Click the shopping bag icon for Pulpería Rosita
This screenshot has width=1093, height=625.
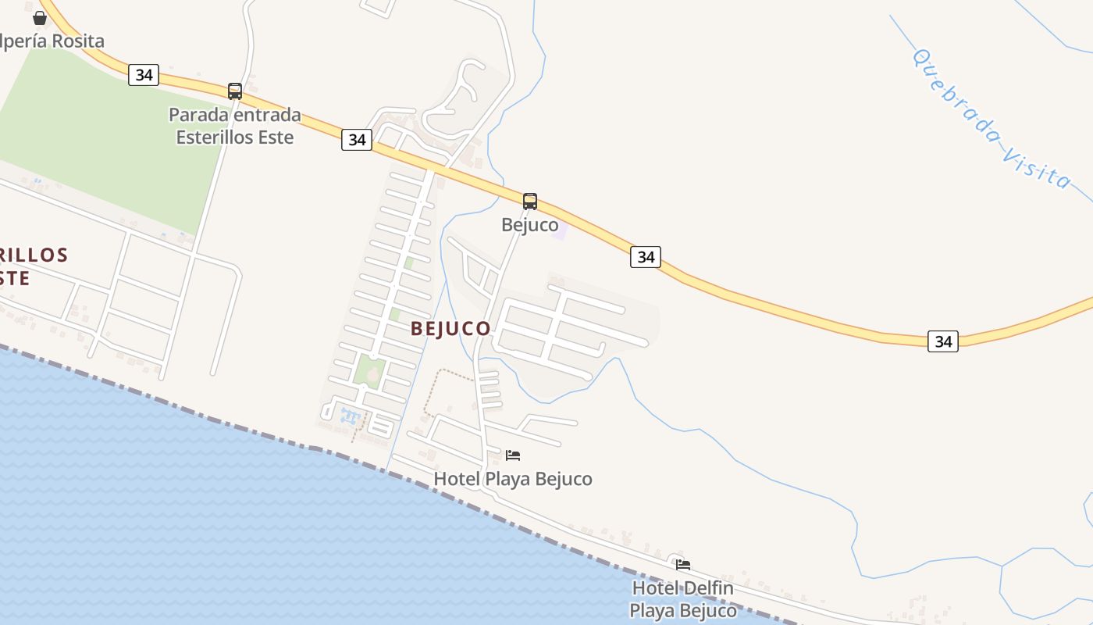pos(40,17)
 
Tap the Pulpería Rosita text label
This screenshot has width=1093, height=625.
pos(52,41)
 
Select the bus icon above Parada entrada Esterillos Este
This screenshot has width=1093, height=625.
pos(235,91)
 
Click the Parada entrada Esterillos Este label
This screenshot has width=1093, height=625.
pos(235,126)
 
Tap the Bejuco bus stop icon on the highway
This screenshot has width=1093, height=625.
pos(530,202)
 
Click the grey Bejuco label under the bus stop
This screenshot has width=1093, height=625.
pos(529,225)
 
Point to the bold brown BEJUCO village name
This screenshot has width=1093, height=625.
pos(450,329)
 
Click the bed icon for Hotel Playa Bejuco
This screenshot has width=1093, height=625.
pos(513,455)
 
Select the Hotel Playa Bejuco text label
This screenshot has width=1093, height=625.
pos(513,478)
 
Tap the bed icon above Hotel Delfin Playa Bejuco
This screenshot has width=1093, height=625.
pos(683,564)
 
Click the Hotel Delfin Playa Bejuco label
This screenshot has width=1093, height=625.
pos(683,598)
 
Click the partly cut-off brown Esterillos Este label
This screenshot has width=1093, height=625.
pos(31,266)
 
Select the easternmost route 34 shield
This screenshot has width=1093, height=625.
pos(943,341)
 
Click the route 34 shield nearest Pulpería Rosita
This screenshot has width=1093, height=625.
pos(144,75)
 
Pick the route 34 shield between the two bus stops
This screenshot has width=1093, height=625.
pos(357,140)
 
